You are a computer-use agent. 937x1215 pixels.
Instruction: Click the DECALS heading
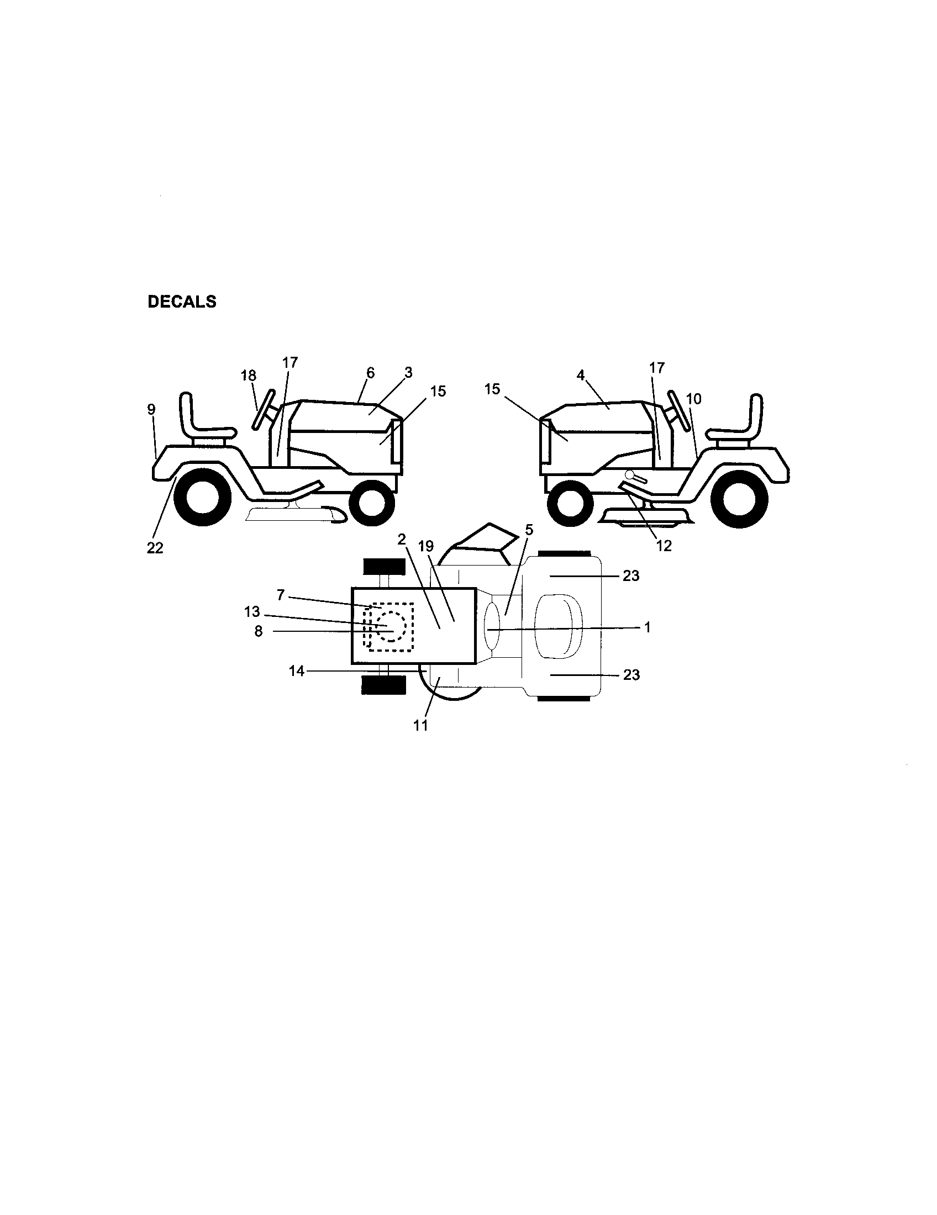pyautogui.click(x=181, y=302)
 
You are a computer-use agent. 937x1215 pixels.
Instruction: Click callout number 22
pyautogui.click(x=155, y=548)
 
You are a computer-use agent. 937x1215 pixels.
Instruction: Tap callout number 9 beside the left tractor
pyautogui.click(x=151, y=409)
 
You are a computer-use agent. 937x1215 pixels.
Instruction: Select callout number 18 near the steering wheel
pyautogui.click(x=248, y=376)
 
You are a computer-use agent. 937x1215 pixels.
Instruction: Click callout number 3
pyautogui.click(x=408, y=373)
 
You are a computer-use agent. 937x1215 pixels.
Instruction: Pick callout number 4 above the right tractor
pyautogui.click(x=581, y=375)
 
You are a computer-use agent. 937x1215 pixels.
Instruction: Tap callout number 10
pyautogui.click(x=694, y=399)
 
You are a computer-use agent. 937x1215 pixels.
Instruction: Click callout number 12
pyautogui.click(x=664, y=546)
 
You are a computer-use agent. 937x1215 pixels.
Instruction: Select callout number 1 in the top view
pyautogui.click(x=647, y=627)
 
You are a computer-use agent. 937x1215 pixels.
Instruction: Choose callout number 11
pyautogui.click(x=420, y=726)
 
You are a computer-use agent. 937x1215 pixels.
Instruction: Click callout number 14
pyautogui.click(x=297, y=672)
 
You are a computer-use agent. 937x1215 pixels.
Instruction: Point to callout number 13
pyautogui.click(x=252, y=612)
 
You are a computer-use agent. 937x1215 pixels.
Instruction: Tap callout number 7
pyautogui.click(x=281, y=595)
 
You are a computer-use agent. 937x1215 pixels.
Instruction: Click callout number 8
pyautogui.click(x=258, y=632)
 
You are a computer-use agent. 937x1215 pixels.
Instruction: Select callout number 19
pyautogui.click(x=425, y=546)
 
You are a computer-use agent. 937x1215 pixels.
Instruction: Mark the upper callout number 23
pyautogui.click(x=631, y=576)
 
